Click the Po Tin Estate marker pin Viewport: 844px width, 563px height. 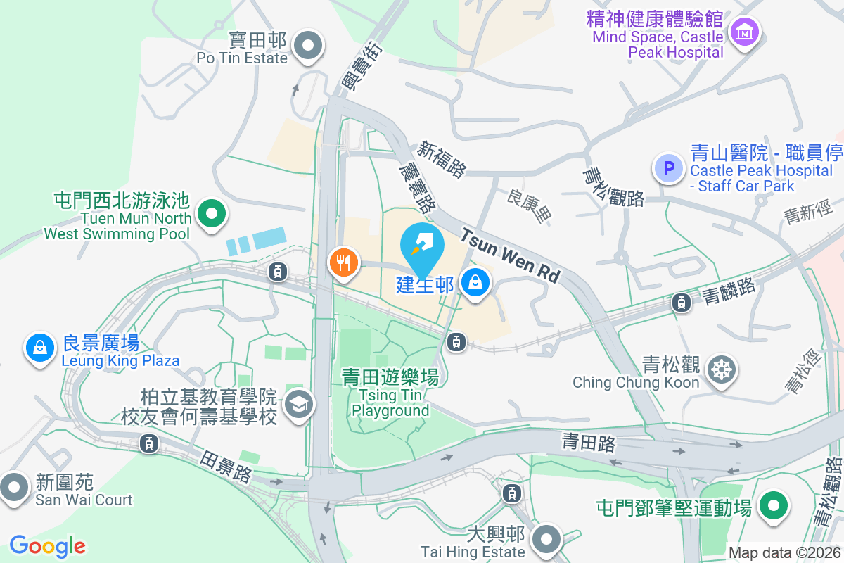tap(307, 47)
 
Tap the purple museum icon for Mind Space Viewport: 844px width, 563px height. tap(743, 32)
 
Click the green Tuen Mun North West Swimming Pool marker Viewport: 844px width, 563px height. tap(210, 212)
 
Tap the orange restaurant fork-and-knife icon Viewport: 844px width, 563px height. tap(343, 263)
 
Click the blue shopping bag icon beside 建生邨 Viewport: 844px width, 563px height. tap(475, 283)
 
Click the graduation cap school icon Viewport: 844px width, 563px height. tap(300, 404)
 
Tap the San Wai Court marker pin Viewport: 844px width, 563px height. tap(14, 487)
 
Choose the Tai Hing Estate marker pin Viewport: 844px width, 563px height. tap(546, 540)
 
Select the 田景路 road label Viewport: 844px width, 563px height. tap(225, 466)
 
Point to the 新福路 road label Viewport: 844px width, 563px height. tap(442, 159)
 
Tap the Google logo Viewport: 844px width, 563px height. tap(47, 546)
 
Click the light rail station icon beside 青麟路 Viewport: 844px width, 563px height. tap(681, 303)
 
